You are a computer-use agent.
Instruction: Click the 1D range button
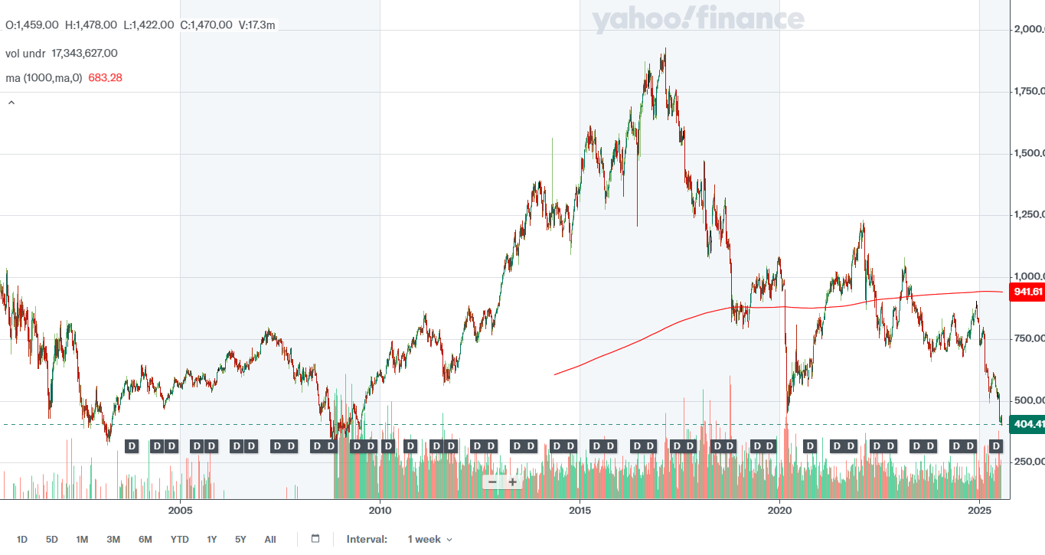(x=22, y=540)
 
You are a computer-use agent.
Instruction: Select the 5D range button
(x=52, y=540)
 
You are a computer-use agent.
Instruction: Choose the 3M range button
(x=113, y=540)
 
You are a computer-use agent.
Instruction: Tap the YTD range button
(x=179, y=540)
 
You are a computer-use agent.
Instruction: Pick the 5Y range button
(x=240, y=540)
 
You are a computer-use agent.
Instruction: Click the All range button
(x=270, y=540)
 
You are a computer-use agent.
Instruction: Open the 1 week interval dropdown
(x=429, y=540)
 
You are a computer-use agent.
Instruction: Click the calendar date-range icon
(x=315, y=539)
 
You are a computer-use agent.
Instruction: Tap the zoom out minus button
(x=492, y=482)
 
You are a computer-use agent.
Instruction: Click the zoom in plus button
(x=513, y=482)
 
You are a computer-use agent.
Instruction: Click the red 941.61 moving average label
(x=1027, y=292)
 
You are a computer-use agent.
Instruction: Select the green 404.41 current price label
(x=1027, y=423)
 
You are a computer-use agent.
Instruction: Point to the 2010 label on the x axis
(x=380, y=509)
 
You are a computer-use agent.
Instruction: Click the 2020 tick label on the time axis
(x=779, y=509)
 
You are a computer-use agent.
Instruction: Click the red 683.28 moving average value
(x=106, y=77)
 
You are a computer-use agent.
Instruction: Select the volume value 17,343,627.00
(x=84, y=53)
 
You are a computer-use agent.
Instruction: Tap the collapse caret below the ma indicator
(x=11, y=102)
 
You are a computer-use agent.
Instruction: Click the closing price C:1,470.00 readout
(x=206, y=24)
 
